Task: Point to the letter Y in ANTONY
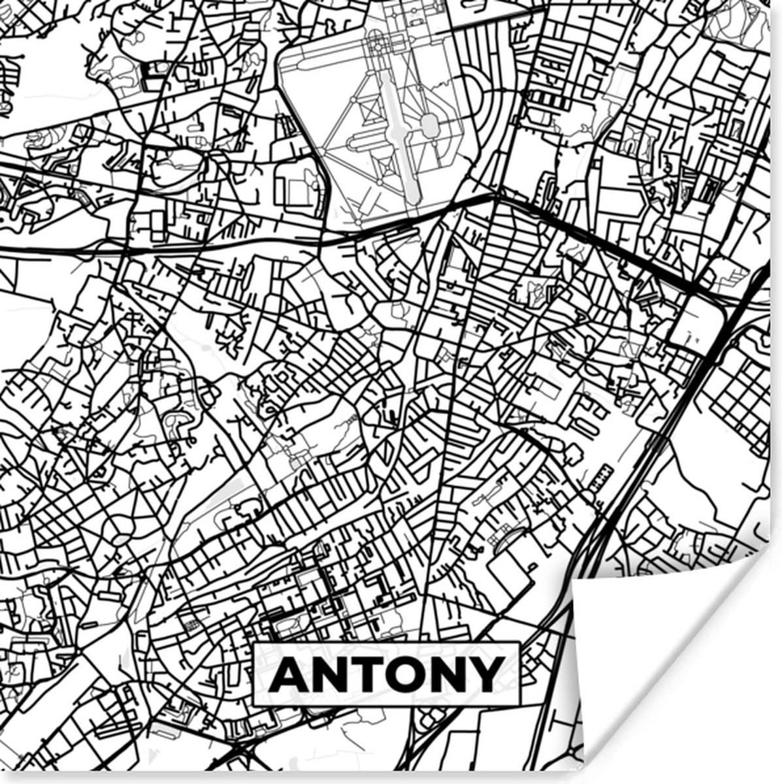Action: coord(486,674)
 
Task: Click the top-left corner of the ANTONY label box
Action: coord(254,644)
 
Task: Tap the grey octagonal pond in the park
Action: coord(429,124)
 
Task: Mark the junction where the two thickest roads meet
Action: coord(498,196)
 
